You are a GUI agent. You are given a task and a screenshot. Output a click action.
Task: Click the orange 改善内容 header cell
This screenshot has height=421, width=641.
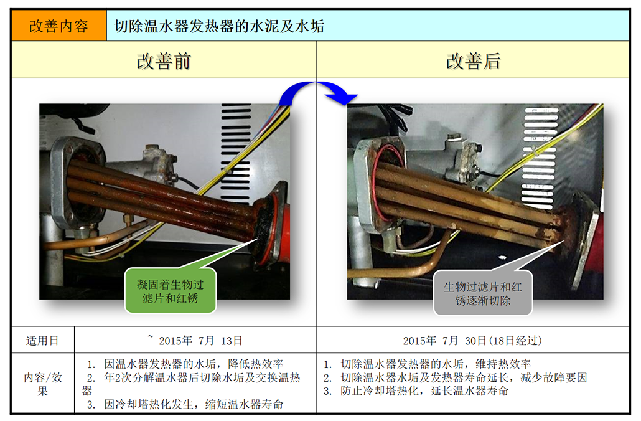tap(58, 26)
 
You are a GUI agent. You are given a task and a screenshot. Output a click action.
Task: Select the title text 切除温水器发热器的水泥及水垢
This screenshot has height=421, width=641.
tap(219, 26)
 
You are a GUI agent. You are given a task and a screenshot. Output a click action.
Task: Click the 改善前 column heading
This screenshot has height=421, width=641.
tap(164, 62)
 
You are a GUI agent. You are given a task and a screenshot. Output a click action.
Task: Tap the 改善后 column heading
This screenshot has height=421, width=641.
tap(473, 62)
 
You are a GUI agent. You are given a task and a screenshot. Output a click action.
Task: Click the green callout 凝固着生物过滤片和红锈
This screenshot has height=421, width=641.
tap(170, 291)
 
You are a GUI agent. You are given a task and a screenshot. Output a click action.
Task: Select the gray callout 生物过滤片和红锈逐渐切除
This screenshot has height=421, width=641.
tap(483, 293)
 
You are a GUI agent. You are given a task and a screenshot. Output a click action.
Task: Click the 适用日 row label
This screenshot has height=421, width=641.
tap(42, 341)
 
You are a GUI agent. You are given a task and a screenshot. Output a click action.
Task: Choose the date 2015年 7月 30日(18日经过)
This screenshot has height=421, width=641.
tap(472, 341)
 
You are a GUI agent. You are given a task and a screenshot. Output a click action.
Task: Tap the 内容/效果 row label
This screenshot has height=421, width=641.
tap(42, 384)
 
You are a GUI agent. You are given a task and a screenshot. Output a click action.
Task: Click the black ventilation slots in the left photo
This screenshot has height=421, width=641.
tap(236, 153)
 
